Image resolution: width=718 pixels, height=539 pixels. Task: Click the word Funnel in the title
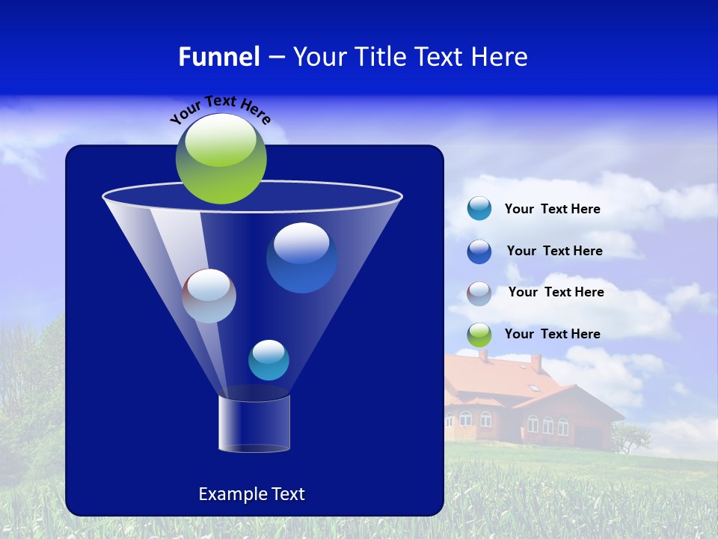pos(218,57)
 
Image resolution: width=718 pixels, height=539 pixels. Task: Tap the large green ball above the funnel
pos(221,159)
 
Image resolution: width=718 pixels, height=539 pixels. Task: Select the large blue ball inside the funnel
pos(301,258)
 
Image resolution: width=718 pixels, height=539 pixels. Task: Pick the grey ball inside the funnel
pos(209,296)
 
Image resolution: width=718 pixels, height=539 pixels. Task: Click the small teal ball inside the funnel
pos(269,360)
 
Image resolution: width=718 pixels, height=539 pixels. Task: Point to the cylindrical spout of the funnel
pos(254,423)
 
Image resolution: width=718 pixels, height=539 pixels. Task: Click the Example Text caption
pos(251,494)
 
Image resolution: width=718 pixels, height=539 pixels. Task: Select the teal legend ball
pos(479,209)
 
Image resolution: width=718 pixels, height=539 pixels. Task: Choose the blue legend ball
pos(479,252)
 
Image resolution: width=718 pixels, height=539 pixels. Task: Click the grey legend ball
pos(479,293)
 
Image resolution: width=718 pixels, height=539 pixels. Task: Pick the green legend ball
pos(479,335)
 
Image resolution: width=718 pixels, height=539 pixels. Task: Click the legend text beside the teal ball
pos(552,210)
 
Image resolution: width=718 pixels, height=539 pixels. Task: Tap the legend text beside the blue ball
pos(554,252)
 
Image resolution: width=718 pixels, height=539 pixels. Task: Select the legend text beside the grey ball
pos(556,293)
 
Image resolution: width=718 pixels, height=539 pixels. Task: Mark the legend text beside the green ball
pos(552,335)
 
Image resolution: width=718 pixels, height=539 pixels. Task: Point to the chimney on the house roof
pos(536,363)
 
